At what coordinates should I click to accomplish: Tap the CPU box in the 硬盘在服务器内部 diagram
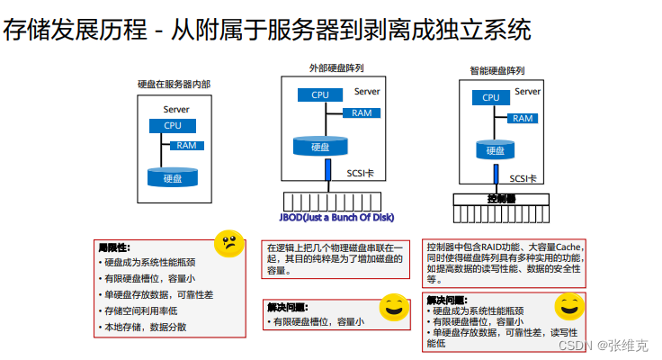click(x=172, y=127)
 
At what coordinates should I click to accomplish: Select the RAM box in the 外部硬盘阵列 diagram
click(x=362, y=112)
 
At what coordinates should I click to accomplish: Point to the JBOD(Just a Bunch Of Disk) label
click(x=336, y=217)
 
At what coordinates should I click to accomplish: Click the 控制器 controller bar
click(x=500, y=199)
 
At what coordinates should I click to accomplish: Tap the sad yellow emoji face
click(x=229, y=243)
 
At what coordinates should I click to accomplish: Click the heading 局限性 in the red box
click(x=114, y=247)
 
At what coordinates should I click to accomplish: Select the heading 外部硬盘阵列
click(x=335, y=67)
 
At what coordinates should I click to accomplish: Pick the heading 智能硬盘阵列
click(x=497, y=70)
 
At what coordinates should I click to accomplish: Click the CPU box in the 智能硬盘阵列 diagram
click(x=490, y=98)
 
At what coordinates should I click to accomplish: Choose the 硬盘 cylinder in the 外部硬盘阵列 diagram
click(x=319, y=146)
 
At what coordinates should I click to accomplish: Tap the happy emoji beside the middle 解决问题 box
click(x=393, y=308)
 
